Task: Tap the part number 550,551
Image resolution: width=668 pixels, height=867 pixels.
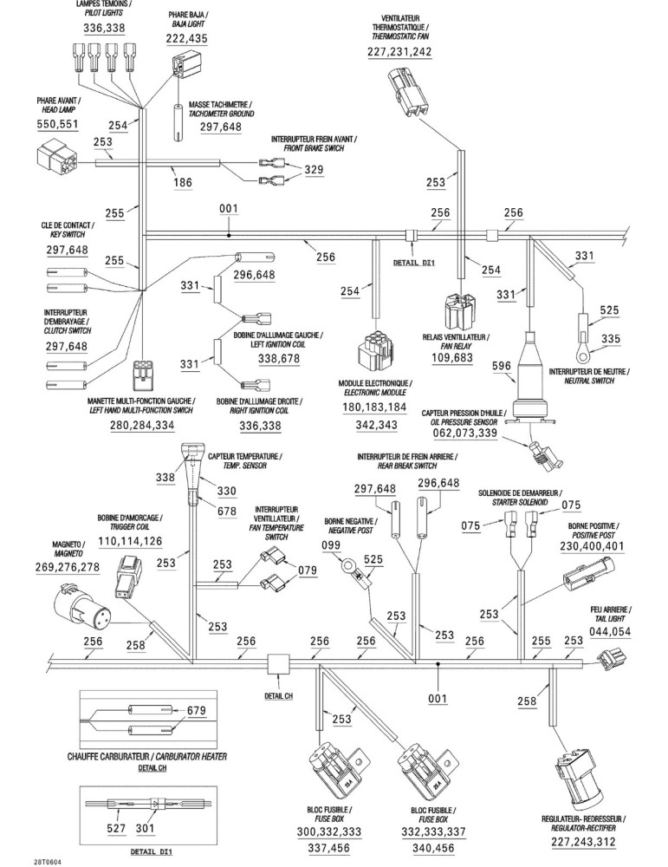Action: (x=57, y=124)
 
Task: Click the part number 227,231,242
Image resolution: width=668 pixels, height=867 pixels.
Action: (x=399, y=51)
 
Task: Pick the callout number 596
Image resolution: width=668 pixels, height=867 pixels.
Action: (x=502, y=366)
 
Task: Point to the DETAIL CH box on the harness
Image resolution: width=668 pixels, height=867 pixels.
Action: (x=278, y=664)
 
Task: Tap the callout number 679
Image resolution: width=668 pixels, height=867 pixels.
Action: (x=196, y=710)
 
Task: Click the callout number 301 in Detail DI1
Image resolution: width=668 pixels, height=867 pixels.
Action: (x=145, y=828)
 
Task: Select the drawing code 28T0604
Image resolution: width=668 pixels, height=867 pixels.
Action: (x=48, y=862)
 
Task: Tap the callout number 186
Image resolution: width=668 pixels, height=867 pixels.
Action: (x=182, y=182)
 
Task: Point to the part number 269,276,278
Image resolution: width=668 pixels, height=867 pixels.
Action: (x=68, y=567)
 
